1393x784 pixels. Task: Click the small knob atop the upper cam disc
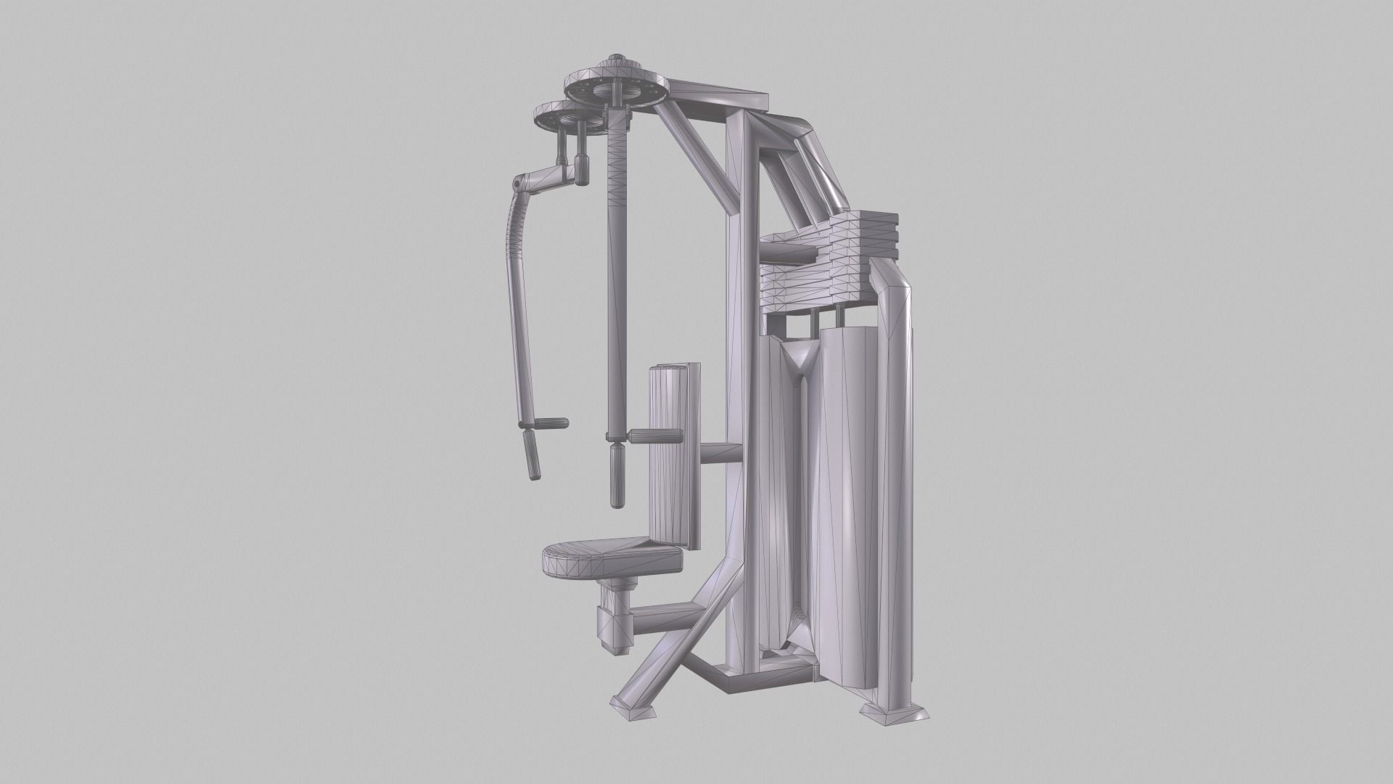tap(618, 57)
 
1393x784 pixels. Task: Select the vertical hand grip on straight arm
tap(617, 478)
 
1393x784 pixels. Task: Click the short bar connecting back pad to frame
tap(720, 453)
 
